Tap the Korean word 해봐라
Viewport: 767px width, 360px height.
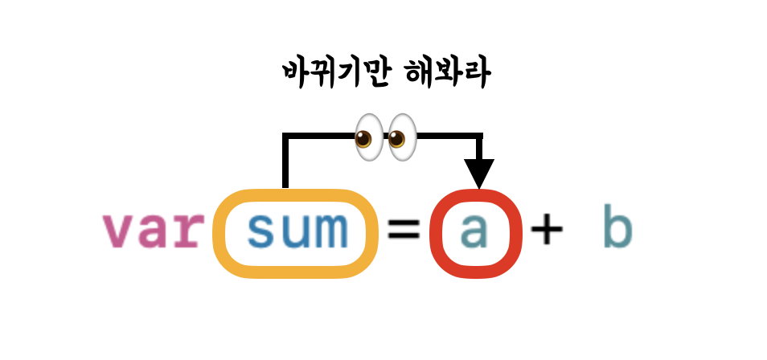tap(450, 75)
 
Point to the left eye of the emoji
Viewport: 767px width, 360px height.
tap(368, 134)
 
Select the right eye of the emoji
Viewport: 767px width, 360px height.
tap(401, 134)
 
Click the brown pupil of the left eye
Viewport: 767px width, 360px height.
tap(364, 140)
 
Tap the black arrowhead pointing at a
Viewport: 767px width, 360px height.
tap(480, 173)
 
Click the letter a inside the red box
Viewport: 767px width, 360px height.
tap(476, 231)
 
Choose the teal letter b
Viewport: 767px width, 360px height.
tap(617, 229)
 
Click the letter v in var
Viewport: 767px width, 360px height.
tap(118, 232)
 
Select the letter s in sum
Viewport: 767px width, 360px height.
tap(262, 231)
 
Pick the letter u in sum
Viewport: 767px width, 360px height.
tap(297, 231)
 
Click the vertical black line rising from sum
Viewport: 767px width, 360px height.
tap(285, 165)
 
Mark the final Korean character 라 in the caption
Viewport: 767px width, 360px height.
tap(475, 75)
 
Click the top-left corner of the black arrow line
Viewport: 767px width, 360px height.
tap(285, 136)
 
